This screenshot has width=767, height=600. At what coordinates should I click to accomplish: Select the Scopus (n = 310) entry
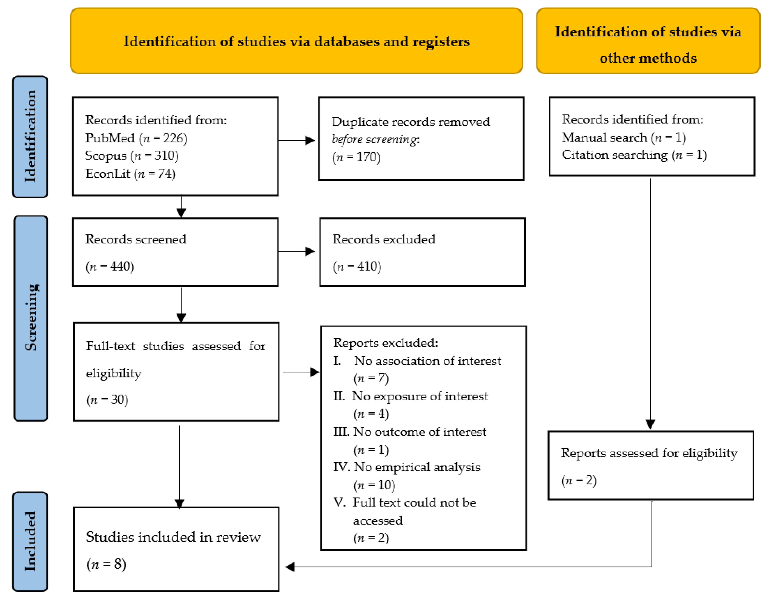pyautogui.click(x=132, y=156)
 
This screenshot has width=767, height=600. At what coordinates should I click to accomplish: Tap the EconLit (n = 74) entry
pyautogui.click(x=130, y=174)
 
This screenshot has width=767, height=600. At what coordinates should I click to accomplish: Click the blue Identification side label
pyautogui.click(x=30, y=137)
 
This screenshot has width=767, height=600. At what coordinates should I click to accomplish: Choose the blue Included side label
pyautogui.click(x=30, y=541)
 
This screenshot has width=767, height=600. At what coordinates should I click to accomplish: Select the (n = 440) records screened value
pyautogui.click(x=110, y=266)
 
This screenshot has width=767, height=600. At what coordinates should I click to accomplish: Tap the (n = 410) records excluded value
pyautogui.click(x=357, y=266)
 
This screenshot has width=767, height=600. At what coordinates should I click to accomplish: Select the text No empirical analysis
pyautogui.click(x=417, y=467)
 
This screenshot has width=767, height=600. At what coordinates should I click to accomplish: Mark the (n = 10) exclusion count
pyautogui.click(x=374, y=485)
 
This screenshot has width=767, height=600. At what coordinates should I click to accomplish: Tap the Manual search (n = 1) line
pyautogui.click(x=624, y=137)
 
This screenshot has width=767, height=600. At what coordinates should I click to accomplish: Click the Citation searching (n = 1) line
pyautogui.click(x=634, y=155)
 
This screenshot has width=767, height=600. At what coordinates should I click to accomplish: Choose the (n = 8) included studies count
pyautogui.click(x=106, y=565)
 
